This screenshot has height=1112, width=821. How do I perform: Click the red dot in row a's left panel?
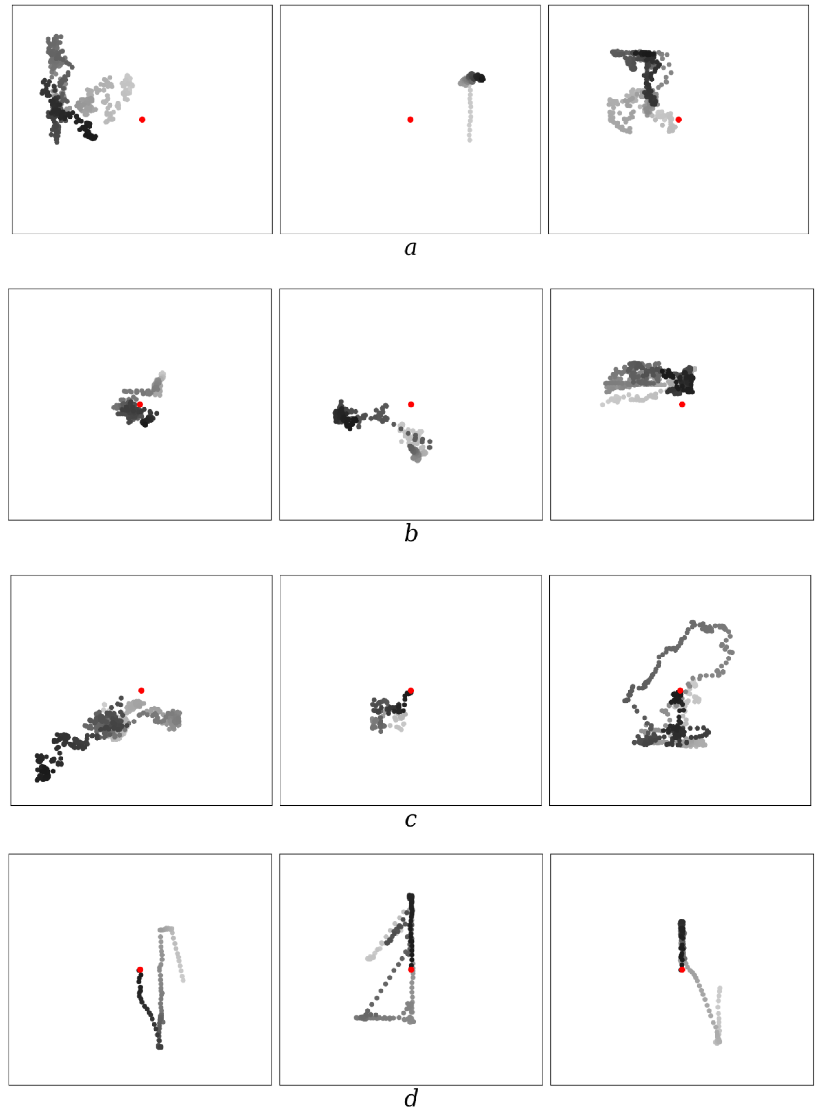tap(142, 119)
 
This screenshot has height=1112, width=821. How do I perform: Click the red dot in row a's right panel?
tap(678, 119)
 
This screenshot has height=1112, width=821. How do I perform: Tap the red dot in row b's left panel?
tap(140, 404)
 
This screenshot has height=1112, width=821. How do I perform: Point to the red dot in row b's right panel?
tap(682, 404)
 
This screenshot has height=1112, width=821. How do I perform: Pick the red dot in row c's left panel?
tap(142, 690)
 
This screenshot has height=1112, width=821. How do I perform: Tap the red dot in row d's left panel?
tap(140, 970)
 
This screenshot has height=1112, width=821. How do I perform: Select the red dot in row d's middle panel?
tap(411, 970)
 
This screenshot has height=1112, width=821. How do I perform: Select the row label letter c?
tap(410, 820)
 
